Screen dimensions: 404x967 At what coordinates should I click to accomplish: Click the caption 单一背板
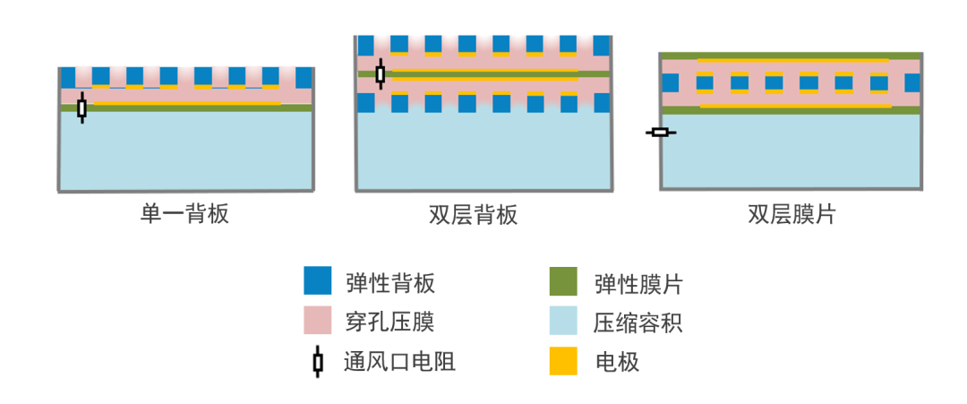pos(185,215)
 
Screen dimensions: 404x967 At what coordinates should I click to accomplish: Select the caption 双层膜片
pos(791,215)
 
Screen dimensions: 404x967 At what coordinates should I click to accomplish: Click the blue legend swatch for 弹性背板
pos(318,281)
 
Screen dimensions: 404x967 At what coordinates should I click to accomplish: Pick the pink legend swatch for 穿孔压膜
pos(318,321)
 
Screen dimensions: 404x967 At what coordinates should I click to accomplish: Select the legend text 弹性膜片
pos(639,283)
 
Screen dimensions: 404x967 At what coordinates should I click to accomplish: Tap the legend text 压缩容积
pos(639,322)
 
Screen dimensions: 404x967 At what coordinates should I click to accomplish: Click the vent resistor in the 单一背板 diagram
pos(82,108)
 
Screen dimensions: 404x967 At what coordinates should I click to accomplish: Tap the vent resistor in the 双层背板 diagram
pos(380,74)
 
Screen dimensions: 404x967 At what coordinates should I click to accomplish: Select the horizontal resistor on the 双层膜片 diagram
pos(661,133)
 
